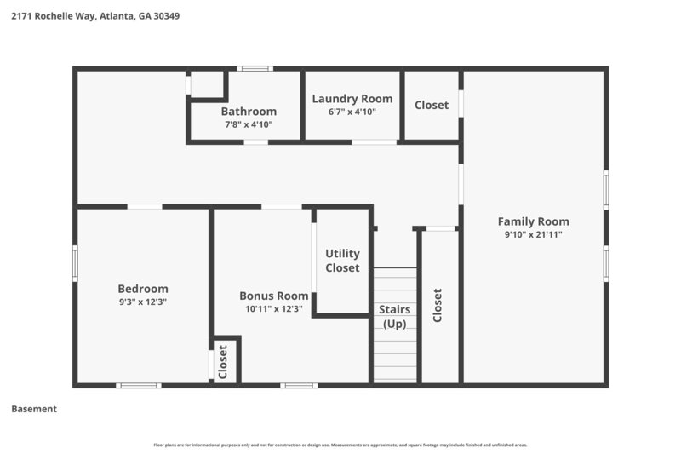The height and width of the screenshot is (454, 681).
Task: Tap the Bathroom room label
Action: [x=249, y=112]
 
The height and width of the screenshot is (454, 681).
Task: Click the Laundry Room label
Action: [x=352, y=99]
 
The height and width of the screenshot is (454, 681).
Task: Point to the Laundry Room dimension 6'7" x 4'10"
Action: [x=352, y=112]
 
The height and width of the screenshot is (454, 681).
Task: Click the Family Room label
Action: [x=534, y=221]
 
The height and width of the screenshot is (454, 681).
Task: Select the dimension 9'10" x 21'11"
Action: [x=534, y=234]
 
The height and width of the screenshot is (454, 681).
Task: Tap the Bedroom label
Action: [x=143, y=289]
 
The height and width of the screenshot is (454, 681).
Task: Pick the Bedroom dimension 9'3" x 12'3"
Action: [x=143, y=302]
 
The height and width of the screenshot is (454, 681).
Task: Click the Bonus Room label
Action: [x=274, y=296]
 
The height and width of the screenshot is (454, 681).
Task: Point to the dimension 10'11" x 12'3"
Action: [x=274, y=309]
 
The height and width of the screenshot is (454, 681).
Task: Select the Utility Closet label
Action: [x=342, y=261]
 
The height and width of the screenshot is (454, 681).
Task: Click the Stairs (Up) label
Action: [x=395, y=317]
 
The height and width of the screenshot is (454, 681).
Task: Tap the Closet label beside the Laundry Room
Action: [x=432, y=105]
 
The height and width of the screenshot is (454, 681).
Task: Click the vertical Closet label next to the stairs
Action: [x=438, y=305]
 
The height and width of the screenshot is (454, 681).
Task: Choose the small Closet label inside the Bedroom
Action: [x=223, y=361]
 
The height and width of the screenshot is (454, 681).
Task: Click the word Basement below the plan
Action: [x=34, y=409]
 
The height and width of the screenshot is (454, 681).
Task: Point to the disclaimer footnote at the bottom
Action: [x=340, y=445]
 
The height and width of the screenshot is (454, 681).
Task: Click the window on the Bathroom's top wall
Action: [x=255, y=68]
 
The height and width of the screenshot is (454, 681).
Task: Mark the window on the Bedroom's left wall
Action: [x=75, y=262]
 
